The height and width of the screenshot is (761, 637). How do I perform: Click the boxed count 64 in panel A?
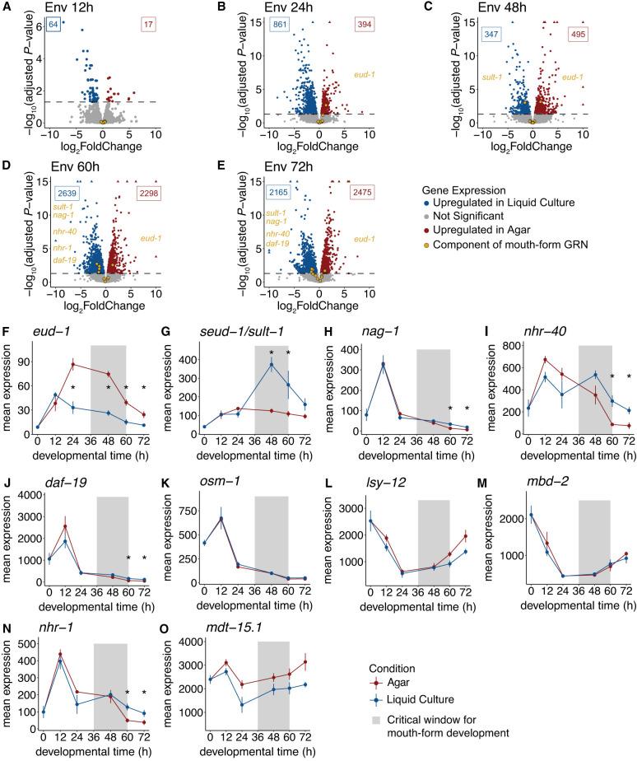[x=53, y=26]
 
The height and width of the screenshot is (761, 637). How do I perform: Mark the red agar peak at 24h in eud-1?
[x=72, y=341]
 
